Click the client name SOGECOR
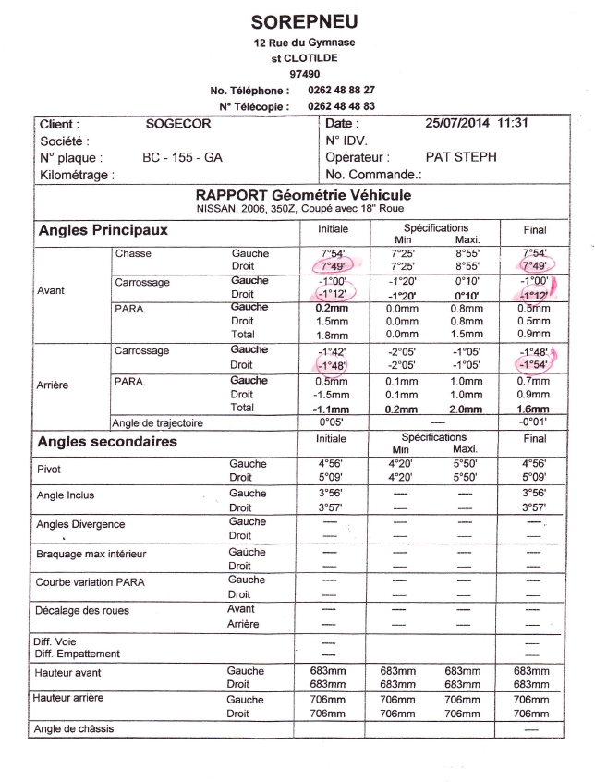pos(178,124)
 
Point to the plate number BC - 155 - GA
pos(182,157)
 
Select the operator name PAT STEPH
pos(461,157)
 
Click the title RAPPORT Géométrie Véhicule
pos(303,195)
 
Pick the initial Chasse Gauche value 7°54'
pos(328,252)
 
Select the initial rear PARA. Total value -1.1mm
pos(328,408)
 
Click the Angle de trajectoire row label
pos(157,423)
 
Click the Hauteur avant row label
pos(68,672)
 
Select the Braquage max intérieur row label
pos(91,554)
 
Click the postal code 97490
pos(304,72)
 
